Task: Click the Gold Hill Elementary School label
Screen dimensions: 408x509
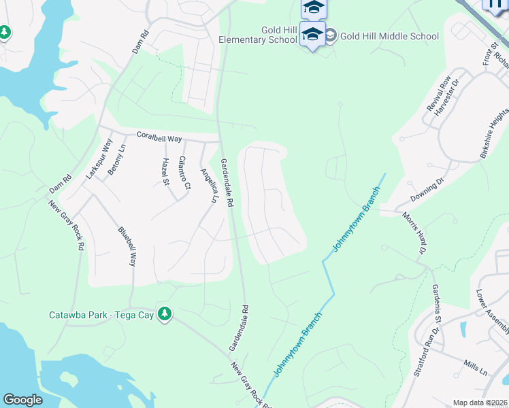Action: point(259,35)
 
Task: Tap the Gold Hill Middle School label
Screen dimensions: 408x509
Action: point(389,36)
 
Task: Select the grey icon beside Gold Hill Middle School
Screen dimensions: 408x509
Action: point(330,36)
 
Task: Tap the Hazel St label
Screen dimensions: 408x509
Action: point(165,171)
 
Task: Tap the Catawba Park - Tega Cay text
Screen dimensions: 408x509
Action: point(101,315)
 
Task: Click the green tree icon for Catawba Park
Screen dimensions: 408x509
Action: point(164,313)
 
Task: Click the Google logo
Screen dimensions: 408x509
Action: point(22,400)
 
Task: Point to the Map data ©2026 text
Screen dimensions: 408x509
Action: point(479,403)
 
